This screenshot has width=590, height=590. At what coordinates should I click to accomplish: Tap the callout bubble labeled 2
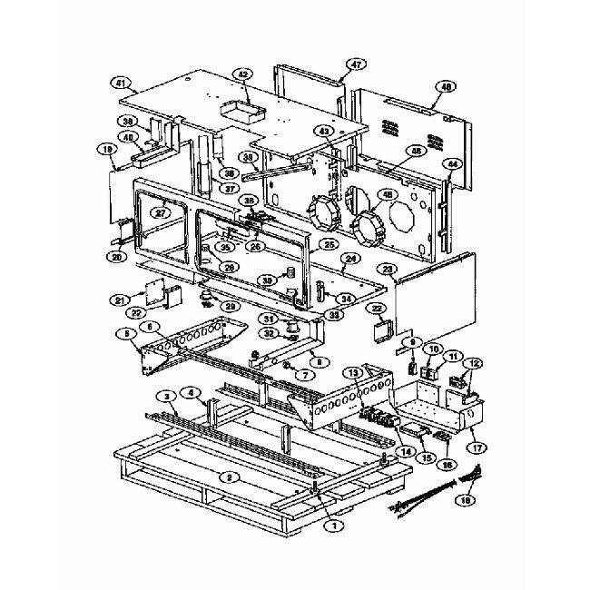(231, 476)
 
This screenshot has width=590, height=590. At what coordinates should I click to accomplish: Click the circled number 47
(357, 64)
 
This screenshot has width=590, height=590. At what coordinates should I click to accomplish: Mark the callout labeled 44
(451, 163)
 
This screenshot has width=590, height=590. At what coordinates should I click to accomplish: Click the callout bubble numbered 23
(388, 270)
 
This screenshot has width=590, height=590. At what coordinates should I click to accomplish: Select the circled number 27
(161, 213)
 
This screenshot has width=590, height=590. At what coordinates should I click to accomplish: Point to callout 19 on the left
(107, 150)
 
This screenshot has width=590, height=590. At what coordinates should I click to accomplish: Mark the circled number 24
(346, 257)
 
